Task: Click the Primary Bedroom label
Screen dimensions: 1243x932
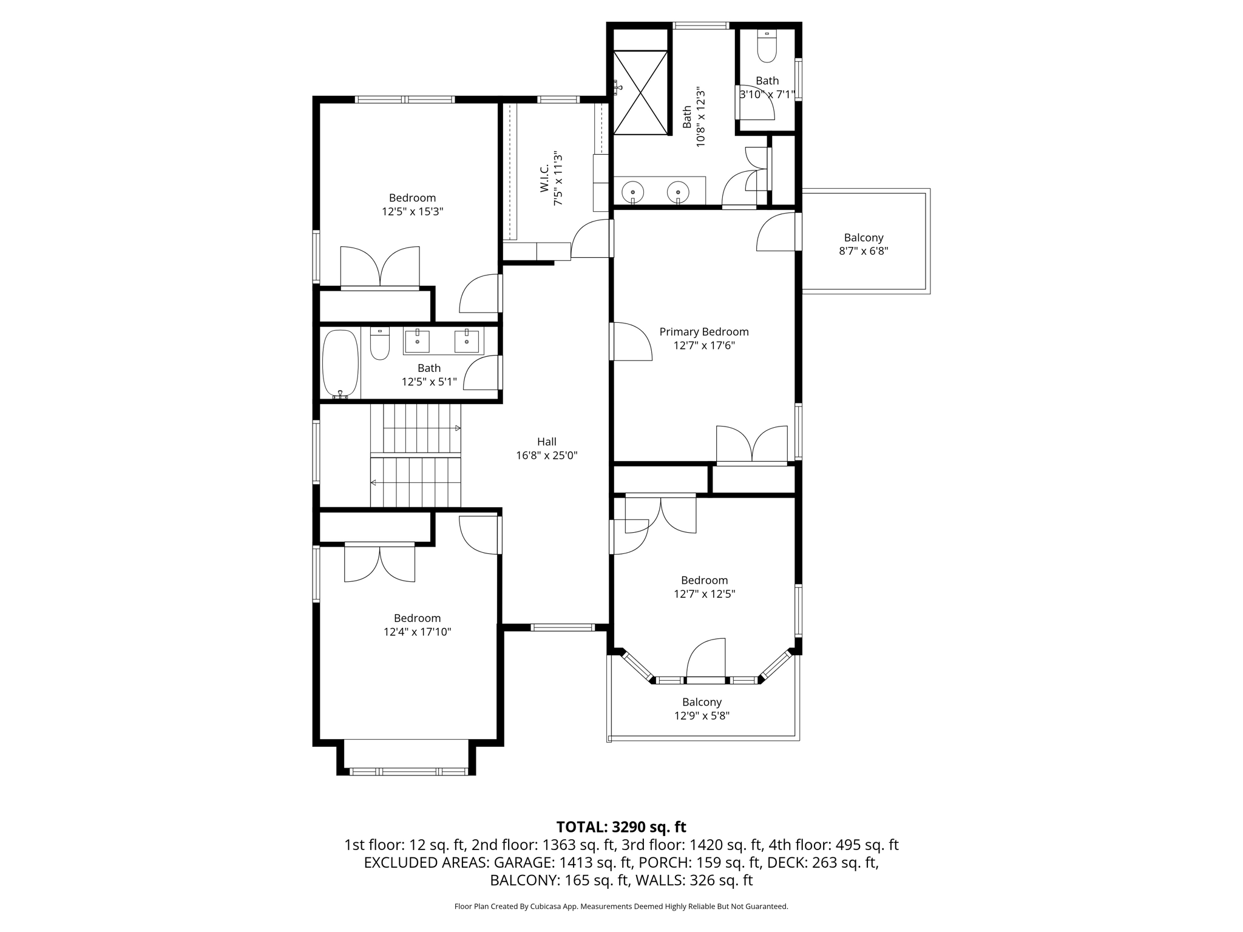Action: (x=704, y=332)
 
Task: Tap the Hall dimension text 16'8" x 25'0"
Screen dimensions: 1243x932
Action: (x=547, y=456)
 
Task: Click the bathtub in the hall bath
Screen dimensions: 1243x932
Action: (x=340, y=363)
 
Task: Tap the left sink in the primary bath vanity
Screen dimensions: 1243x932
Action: (x=632, y=192)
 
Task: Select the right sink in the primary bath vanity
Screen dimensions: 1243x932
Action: (x=677, y=192)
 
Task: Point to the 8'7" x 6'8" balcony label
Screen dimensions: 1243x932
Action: (x=864, y=245)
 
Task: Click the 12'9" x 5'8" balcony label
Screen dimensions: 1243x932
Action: (x=702, y=709)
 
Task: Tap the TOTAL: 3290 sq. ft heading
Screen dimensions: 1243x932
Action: (x=621, y=827)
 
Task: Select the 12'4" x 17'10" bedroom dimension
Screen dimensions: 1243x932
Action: (x=417, y=632)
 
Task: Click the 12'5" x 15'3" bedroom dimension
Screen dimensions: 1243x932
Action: (x=413, y=212)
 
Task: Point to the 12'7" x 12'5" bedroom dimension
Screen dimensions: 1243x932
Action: (x=704, y=594)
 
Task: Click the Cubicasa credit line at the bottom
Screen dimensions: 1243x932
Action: (x=621, y=907)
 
